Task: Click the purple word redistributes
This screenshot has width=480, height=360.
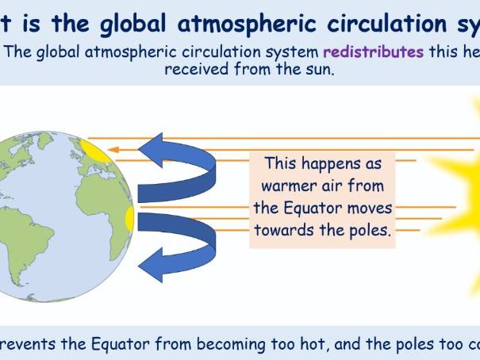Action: pos(371,53)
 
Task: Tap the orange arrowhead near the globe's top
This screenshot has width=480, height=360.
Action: pos(113,149)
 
